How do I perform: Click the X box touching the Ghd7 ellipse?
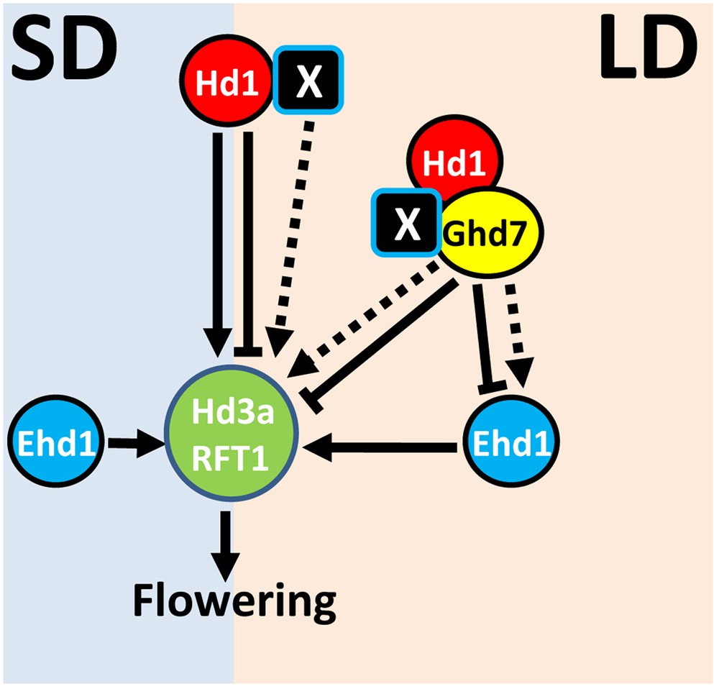coord(407,224)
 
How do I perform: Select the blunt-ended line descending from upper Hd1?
coord(248,237)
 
